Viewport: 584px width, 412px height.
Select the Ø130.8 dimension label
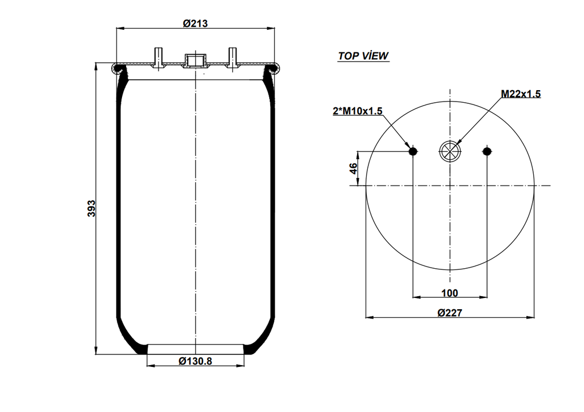click(195, 361)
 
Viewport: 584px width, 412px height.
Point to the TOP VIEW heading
click(363, 56)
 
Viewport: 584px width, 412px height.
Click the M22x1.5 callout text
click(520, 94)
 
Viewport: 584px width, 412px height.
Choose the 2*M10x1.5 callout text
click(357, 111)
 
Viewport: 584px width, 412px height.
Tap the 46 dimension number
click(353, 168)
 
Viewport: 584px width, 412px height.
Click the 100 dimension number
click(449, 293)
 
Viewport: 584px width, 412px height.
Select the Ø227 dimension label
click(449, 313)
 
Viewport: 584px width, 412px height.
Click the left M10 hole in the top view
click(413, 151)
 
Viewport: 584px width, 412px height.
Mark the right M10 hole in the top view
click(486, 151)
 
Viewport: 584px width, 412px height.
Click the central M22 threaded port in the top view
click(449, 151)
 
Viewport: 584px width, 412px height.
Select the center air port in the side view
click(195, 61)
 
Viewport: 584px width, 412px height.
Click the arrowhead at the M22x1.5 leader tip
click(457, 143)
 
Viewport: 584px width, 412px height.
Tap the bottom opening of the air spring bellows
click(195, 348)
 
